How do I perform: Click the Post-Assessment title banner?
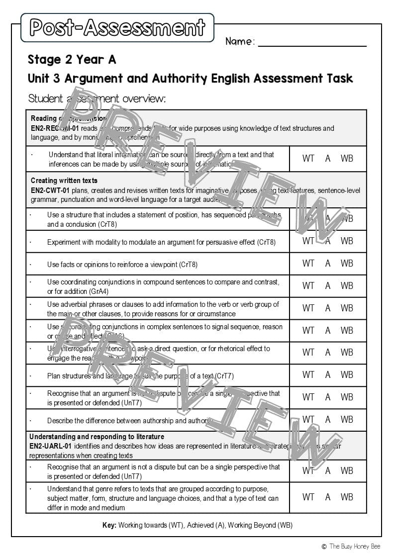click(x=117, y=28)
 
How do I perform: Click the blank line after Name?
click(x=312, y=42)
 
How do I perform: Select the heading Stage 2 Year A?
click(x=72, y=60)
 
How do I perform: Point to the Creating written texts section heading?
click(x=64, y=181)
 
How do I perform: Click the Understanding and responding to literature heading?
click(x=97, y=437)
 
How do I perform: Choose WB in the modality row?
click(x=347, y=241)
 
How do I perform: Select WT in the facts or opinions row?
click(x=308, y=264)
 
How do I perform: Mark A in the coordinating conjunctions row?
click(x=328, y=286)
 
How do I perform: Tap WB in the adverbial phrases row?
click(x=347, y=308)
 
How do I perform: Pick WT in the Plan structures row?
click(x=308, y=375)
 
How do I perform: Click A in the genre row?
click(x=328, y=497)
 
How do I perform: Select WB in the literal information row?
click(x=347, y=159)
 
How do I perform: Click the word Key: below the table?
click(x=109, y=525)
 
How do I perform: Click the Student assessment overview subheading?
click(x=97, y=98)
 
